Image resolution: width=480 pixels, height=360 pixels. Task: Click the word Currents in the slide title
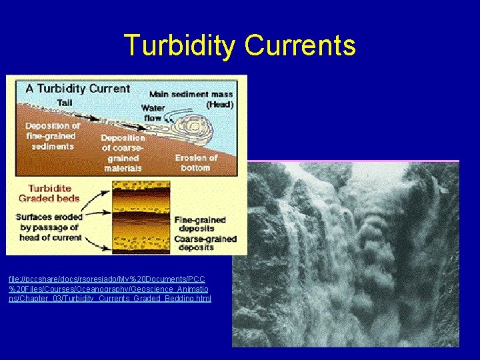click(300, 45)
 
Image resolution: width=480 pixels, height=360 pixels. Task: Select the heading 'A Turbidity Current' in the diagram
click(77, 88)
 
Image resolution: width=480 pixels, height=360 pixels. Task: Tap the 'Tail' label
click(64, 103)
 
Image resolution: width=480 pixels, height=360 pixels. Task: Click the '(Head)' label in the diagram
click(219, 105)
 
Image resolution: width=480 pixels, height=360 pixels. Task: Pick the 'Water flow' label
click(153, 113)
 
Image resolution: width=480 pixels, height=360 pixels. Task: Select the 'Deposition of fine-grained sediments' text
click(53, 136)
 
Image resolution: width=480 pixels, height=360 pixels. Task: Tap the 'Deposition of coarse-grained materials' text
click(123, 153)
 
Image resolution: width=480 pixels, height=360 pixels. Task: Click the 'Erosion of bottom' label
click(196, 163)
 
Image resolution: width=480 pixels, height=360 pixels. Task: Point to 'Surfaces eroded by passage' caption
click(50, 227)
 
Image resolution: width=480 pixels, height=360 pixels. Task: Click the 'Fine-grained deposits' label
click(199, 224)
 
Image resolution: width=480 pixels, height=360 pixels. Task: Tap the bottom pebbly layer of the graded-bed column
click(141, 248)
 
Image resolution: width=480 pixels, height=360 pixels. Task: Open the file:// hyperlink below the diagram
click(109, 288)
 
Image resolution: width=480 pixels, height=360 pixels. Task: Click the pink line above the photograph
click(353, 161)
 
